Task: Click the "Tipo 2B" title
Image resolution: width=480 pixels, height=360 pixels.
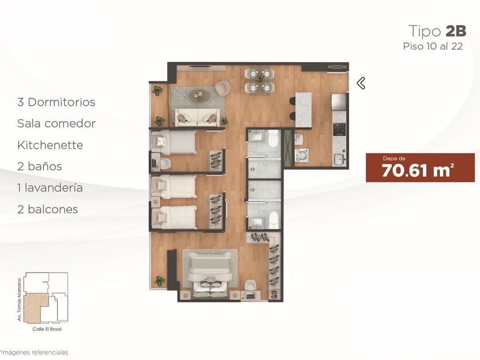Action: pyautogui.click(x=438, y=31)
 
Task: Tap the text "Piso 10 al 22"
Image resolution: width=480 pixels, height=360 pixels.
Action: pyautogui.click(x=433, y=46)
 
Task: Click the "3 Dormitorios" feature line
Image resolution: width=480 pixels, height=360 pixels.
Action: pyautogui.click(x=57, y=102)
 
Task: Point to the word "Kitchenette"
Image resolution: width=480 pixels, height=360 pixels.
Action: pyautogui.click(x=50, y=145)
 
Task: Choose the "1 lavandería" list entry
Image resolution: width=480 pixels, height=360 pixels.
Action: pyautogui.click(x=50, y=187)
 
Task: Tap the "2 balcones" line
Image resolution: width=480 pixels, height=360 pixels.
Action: pyautogui.click(x=48, y=209)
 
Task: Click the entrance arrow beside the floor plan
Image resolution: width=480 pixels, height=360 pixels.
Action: pyautogui.click(x=361, y=83)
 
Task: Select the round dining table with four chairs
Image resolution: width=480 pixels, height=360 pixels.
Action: pyautogui.click(x=259, y=80)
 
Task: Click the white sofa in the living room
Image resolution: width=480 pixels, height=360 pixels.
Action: pyautogui.click(x=198, y=117)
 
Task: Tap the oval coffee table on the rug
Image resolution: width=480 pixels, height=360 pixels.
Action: pyautogui.click(x=199, y=95)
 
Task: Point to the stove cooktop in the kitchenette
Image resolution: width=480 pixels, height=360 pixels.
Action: pyautogui.click(x=339, y=130)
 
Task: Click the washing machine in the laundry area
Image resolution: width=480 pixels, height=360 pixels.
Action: pyautogui.click(x=302, y=155)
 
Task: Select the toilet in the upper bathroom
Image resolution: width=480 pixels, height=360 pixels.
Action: pyautogui.click(x=273, y=139)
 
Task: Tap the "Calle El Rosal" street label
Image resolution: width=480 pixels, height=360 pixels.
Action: pyautogui.click(x=47, y=329)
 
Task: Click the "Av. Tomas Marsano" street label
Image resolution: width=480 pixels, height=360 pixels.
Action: pyautogui.click(x=19, y=299)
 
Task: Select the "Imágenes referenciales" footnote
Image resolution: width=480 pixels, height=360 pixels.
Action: pyautogui.click(x=35, y=353)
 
